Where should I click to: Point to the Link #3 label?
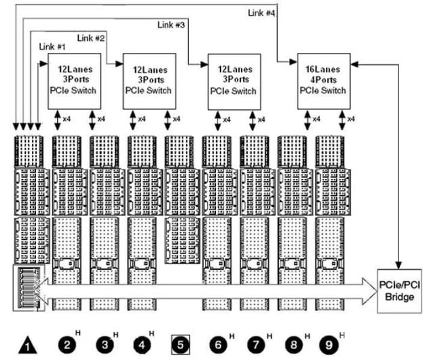tap(171, 25)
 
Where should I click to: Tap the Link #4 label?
tap(262, 13)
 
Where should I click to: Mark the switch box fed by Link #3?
tap(233, 81)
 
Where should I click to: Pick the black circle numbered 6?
tap(217, 345)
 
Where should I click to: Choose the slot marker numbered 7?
tap(255, 345)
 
